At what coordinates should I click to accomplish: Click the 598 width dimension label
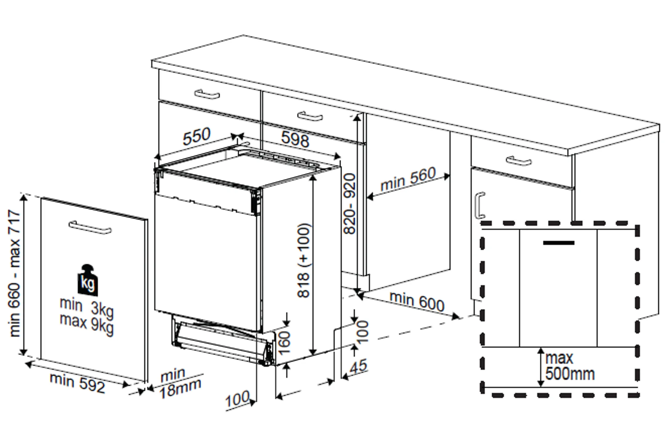(295, 139)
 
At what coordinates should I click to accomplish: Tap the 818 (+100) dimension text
(304, 260)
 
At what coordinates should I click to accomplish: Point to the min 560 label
(408, 179)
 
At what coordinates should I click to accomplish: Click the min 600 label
(417, 301)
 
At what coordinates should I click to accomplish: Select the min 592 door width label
(77, 382)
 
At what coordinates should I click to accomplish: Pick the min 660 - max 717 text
(14, 273)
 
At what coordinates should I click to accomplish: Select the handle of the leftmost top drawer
(207, 94)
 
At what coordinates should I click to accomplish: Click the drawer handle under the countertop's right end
(519, 161)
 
